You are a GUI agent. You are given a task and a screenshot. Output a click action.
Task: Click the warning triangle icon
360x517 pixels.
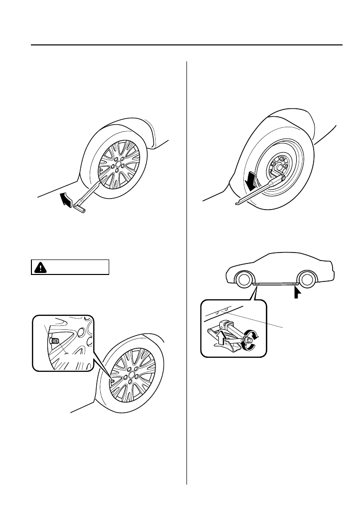[38, 267]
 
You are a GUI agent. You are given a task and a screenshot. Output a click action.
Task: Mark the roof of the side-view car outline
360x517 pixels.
[279, 255]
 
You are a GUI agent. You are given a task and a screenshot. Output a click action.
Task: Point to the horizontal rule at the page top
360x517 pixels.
[186, 46]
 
